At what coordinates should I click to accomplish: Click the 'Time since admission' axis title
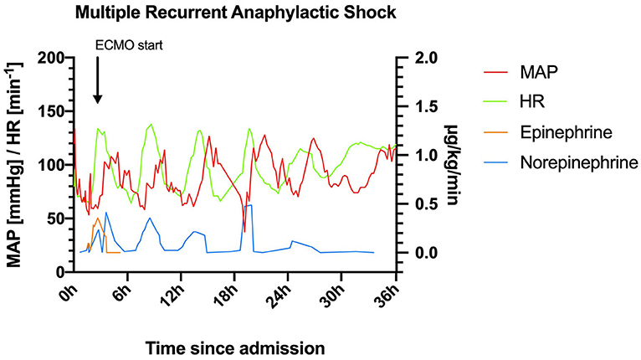(233, 345)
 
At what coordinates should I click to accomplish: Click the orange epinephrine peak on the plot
(98, 219)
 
